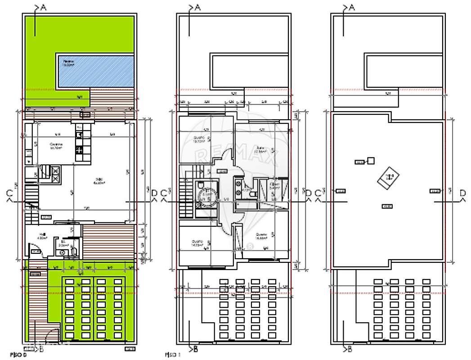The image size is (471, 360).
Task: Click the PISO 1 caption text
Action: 173,355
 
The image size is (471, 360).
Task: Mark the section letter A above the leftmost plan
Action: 43,7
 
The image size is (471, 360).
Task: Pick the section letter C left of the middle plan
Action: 163,193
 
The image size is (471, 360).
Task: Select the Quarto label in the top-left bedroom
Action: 199,139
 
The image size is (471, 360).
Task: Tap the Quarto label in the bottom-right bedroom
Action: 261,236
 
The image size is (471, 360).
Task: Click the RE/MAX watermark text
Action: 233,155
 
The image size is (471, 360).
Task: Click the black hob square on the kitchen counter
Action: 80,149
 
